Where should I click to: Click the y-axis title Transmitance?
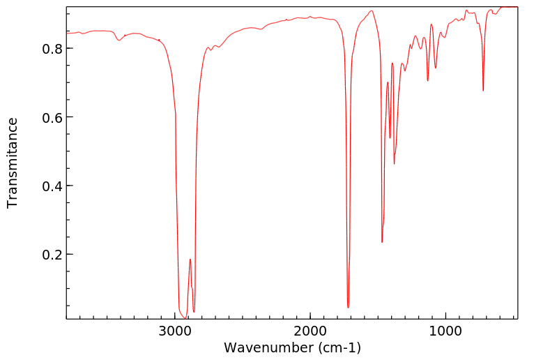point(13,163)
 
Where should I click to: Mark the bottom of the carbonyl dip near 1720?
point(348,307)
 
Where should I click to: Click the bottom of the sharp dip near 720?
point(483,91)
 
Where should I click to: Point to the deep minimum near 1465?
point(382,242)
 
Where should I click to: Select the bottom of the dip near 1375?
point(394,164)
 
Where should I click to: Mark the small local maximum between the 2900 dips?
point(190,260)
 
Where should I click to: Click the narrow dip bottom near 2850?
point(194,311)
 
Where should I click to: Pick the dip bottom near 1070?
point(436,68)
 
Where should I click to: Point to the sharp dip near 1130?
point(427,80)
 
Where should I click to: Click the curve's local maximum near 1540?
point(372,10)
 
